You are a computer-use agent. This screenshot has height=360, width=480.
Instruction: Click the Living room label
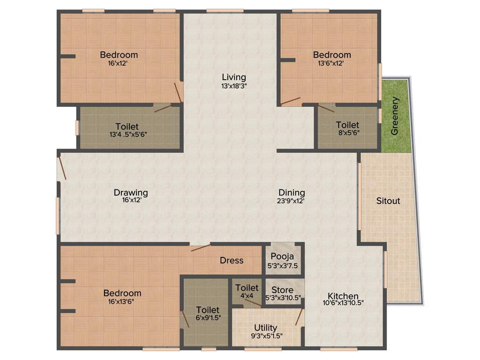(234, 77)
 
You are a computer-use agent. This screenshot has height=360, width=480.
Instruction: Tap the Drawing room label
(131, 193)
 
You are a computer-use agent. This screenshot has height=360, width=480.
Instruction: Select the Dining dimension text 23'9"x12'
(292, 200)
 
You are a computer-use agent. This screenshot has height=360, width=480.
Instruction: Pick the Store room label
(282, 290)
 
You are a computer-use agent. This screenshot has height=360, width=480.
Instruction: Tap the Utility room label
(265, 328)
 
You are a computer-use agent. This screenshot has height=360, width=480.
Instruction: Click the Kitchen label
(343, 296)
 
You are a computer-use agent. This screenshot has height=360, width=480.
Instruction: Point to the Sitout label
(389, 201)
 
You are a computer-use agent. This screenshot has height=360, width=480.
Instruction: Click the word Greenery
(395, 116)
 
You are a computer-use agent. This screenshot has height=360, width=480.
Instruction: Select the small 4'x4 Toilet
(247, 291)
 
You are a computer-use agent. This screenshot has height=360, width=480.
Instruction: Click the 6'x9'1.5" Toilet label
(208, 310)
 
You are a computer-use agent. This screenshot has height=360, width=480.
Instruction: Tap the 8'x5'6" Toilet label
(347, 125)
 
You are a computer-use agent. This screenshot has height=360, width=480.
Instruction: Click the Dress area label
(232, 260)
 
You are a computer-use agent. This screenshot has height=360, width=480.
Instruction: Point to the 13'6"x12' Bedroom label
(332, 55)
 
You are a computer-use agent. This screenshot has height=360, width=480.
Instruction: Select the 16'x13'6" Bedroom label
(122, 293)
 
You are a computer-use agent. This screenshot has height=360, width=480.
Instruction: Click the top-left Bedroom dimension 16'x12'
(118, 63)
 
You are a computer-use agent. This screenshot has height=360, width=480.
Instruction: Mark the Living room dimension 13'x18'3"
(234, 86)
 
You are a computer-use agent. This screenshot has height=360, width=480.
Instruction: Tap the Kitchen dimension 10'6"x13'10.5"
(343, 303)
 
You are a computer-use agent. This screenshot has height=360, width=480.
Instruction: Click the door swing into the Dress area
(201, 247)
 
